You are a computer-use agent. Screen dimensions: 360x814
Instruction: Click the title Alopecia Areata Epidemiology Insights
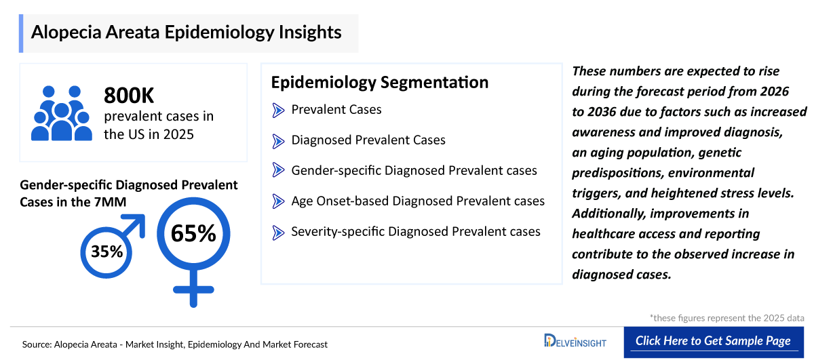point(187,33)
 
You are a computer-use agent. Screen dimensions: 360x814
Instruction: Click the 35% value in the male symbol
point(106,252)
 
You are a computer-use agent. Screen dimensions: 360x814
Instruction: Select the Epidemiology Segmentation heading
point(379,82)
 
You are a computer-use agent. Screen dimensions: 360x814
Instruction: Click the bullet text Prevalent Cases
point(336,110)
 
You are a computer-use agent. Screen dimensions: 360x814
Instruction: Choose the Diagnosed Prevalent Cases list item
point(368,140)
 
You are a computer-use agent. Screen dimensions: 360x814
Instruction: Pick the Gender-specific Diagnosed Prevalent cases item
point(414,171)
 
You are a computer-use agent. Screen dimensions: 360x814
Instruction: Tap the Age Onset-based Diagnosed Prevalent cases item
point(418,201)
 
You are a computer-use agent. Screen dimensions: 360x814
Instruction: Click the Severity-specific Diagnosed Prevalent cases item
point(416,232)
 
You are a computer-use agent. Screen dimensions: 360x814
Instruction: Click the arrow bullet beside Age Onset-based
point(278,201)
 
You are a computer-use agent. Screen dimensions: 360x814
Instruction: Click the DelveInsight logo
point(575,340)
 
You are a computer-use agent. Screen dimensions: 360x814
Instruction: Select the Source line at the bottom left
point(175,344)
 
